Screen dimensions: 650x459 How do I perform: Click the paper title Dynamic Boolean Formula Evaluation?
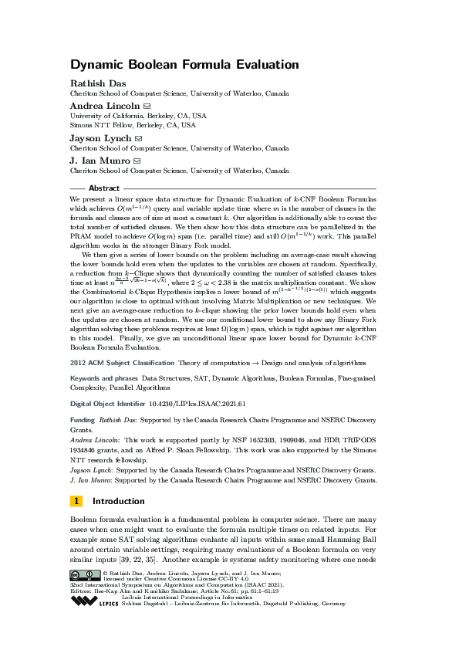tap(184, 66)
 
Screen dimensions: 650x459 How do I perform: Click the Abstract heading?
tap(104, 188)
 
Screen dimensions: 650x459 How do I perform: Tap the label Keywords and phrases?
tap(104, 379)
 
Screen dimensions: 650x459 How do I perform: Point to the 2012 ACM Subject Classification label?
tap(120, 361)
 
